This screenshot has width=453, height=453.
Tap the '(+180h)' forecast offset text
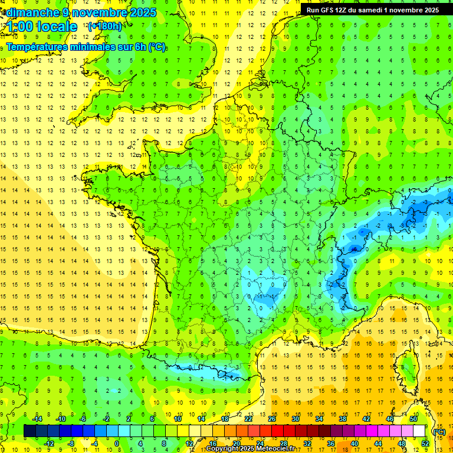(x=105, y=26)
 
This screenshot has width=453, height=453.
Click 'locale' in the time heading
(x=57, y=27)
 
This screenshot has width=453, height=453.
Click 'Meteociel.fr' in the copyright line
(x=275, y=449)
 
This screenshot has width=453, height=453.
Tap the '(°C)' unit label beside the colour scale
(x=439, y=432)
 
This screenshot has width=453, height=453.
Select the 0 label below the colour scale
(x=117, y=444)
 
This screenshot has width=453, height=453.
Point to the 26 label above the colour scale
(x=272, y=419)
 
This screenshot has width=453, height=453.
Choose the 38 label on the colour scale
(x=343, y=419)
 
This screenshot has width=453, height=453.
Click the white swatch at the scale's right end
(x=419, y=431)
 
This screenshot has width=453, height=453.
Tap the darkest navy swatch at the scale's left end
(x=29, y=431)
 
